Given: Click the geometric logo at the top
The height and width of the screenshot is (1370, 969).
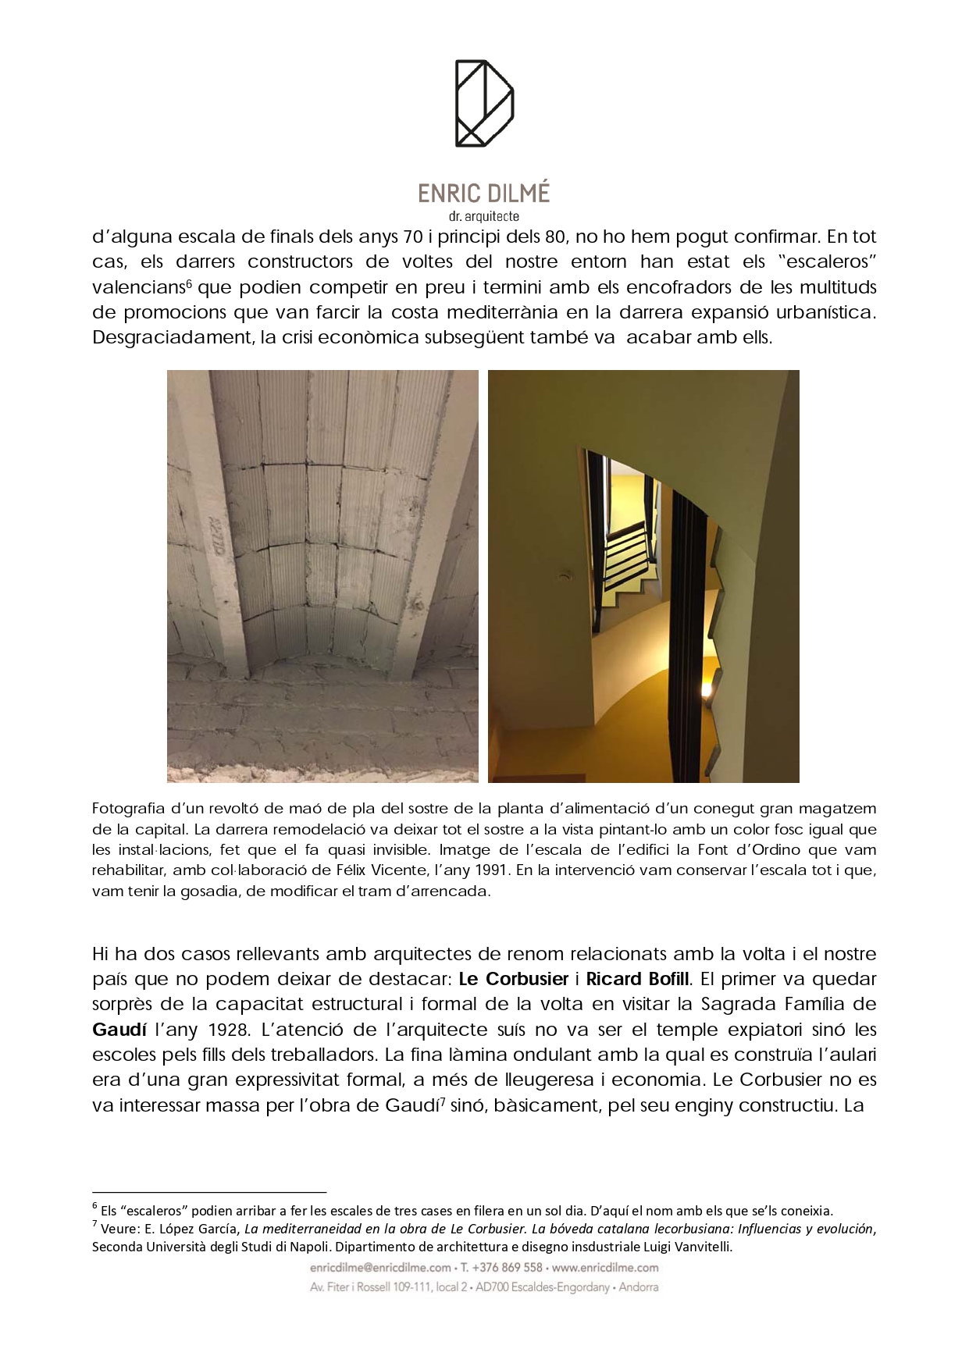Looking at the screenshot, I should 484,103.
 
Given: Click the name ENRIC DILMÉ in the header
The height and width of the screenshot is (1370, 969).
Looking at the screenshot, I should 484,193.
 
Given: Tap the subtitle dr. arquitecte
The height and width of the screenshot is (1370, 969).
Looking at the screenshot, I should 484,217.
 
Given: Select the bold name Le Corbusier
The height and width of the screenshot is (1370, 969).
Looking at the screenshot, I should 513,979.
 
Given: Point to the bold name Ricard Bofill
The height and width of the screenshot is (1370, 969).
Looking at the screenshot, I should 638,979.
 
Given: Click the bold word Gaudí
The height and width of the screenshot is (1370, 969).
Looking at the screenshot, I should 119,1030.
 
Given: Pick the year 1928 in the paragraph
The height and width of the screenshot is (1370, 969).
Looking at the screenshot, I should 230,1030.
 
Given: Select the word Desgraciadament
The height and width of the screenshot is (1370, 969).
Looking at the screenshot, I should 169,338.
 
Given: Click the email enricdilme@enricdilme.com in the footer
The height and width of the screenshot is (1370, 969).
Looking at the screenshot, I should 380,1267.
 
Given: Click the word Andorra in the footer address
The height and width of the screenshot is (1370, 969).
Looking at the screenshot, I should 639,1287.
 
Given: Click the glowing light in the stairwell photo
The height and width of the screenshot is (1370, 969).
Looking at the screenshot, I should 707,689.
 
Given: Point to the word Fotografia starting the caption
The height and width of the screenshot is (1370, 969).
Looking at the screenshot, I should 128,809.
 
